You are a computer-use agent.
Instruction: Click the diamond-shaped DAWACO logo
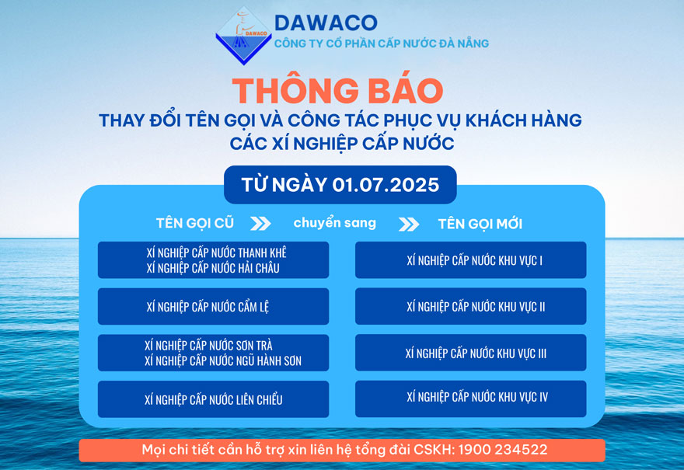tap(244, 36)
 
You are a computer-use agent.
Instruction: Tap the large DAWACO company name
tap(326, 23)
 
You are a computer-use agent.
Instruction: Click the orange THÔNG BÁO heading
tap(338, 91)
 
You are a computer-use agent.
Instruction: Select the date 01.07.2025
tap(386, 185)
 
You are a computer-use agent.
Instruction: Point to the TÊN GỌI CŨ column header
tap(195, 223)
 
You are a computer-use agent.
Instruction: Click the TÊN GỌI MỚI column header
tap(480, 224)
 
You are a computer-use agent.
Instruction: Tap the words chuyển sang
tap(334, 223)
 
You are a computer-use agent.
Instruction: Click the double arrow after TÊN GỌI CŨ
tap(260, 223)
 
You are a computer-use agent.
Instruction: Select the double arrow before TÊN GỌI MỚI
tap(409, 224)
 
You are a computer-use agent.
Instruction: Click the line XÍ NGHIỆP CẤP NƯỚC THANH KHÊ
tap(216, 252)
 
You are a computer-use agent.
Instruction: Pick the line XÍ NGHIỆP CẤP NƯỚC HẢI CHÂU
tap(213, 268)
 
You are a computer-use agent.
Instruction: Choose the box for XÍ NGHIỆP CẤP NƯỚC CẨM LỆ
tap(213, 306)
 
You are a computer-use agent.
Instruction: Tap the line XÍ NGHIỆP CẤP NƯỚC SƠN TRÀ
tap(208, 345)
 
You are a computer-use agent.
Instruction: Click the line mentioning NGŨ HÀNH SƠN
tap(223, 360)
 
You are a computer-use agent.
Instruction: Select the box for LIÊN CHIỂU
tap(213, 399)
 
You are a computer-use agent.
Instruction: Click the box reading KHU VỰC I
tap(471, 259)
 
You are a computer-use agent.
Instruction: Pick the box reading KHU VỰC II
tap(471, 306)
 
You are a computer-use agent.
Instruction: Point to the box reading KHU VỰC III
tap(471, 352)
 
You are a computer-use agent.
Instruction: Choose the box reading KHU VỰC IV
tap(471, 399)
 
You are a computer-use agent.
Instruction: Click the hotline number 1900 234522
tap(503, 450)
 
